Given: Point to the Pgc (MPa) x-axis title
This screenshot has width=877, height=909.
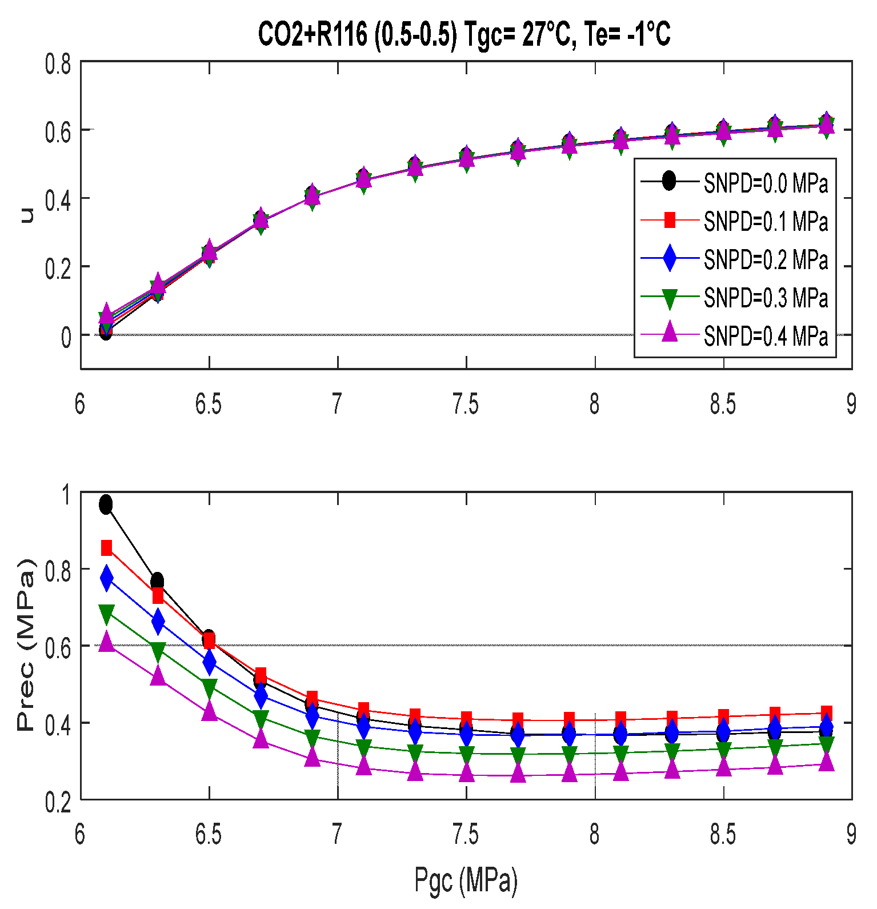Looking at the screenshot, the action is [x=466, y=880].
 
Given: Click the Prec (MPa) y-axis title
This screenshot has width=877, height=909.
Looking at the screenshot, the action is [x=25, y=646].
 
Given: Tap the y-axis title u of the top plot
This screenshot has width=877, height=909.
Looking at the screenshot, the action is [x=26, y=215].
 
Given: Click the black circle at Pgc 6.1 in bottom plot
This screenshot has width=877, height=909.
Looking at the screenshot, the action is [x=106, y=504].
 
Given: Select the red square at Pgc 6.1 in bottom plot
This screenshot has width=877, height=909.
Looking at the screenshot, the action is [x=106, y=548].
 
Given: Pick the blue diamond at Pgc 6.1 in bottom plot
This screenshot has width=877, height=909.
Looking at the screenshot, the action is [x=106, y=578].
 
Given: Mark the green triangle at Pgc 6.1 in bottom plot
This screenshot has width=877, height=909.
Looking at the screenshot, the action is [x=106, y=614].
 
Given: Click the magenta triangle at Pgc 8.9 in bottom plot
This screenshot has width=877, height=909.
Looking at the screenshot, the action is [x=826, y=761].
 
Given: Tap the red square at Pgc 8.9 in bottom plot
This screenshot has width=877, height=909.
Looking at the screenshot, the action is [x=826, y=713].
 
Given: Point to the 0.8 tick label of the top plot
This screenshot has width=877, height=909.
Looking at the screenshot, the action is [x=58, y=64].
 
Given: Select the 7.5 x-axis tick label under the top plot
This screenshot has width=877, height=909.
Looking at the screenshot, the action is [x=466, y=405].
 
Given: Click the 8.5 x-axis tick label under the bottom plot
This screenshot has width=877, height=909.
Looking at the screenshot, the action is [x=723, y=835].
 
